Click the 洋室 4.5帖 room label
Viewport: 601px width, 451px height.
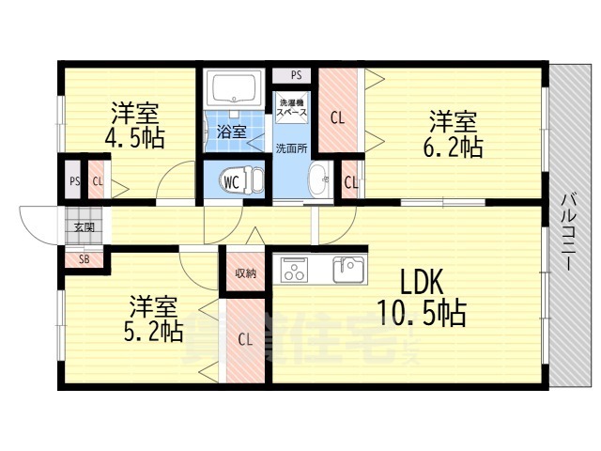point(134,125)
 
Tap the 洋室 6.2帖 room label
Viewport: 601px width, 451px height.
point(455,133)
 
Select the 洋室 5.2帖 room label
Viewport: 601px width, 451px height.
point(155,318)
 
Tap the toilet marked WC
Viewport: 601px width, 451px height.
point(235,179)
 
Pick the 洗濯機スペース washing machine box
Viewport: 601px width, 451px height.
point(291,104)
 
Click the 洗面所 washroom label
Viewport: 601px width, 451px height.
point(290,148)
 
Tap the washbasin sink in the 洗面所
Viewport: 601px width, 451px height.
point(319,178)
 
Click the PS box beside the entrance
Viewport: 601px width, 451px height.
point(73,182)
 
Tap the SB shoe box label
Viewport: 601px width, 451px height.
point(84,258)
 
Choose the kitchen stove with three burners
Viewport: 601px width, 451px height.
point(295,271)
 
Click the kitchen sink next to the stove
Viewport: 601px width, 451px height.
point(348,270)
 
